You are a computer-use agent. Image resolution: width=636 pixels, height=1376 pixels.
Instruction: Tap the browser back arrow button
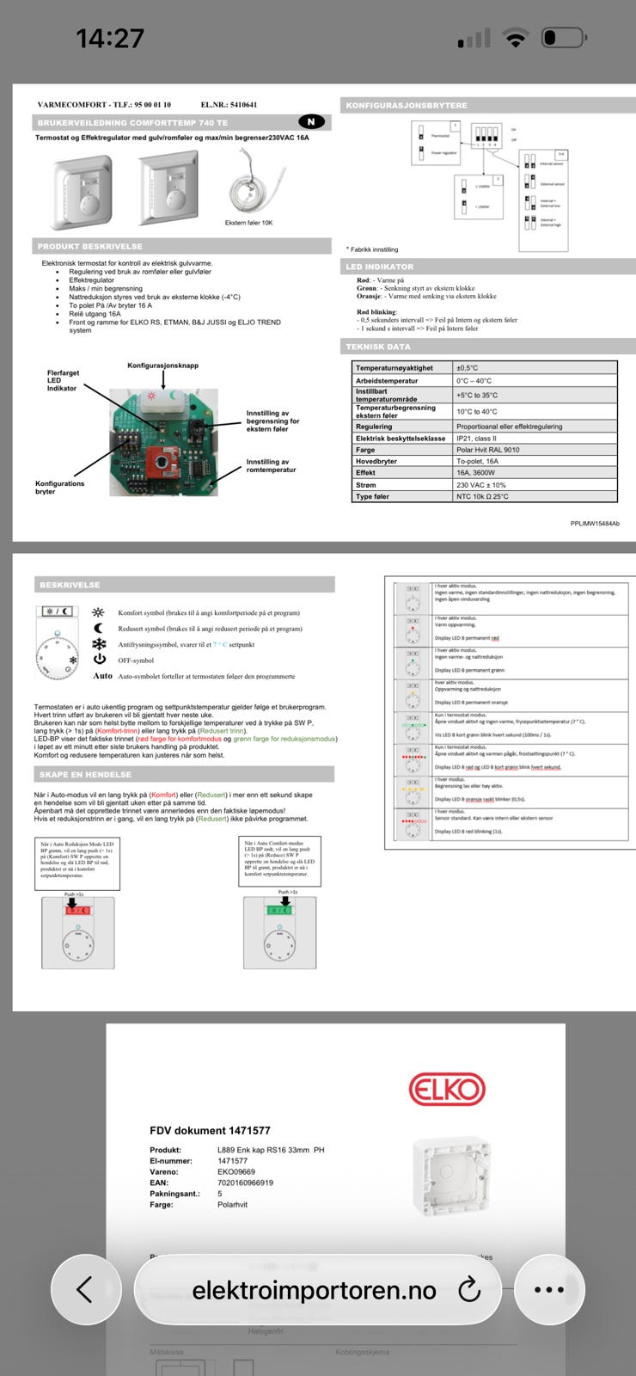84,1290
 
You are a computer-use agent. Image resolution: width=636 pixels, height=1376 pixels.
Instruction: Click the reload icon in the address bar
468,1290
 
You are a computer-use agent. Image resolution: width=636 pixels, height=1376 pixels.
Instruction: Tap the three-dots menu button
548,1290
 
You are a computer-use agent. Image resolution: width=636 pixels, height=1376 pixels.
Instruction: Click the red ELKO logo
447,1090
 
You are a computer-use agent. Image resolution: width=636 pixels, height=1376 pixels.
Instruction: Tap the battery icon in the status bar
562,38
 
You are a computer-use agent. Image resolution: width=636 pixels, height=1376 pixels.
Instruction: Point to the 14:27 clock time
110,38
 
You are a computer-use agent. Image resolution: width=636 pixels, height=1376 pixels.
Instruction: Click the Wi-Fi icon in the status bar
516,38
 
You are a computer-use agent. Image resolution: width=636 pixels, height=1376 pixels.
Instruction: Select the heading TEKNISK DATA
378,347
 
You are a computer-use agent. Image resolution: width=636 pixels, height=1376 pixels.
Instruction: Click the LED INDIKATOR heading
380,267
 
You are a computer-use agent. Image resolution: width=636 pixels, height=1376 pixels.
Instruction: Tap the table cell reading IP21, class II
485,438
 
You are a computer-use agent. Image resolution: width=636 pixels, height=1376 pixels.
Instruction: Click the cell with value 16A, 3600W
476,472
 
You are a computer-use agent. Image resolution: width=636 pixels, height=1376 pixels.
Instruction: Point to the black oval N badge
311,122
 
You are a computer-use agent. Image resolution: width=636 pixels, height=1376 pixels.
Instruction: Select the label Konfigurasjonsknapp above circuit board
163,365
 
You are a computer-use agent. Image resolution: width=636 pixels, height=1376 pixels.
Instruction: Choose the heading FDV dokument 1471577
210,1130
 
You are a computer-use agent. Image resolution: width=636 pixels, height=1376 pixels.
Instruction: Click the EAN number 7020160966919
245,1182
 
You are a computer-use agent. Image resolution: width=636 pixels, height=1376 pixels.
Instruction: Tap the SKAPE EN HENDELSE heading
85,775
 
